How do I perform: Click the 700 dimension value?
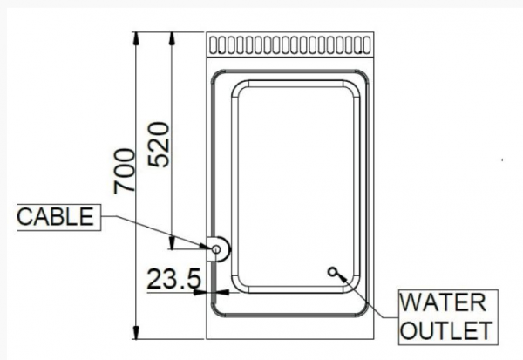(125, 171)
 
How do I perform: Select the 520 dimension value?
(160, 145)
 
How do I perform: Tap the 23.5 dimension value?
(174, 279)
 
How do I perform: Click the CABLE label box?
(58, 217)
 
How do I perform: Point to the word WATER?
(443, 302)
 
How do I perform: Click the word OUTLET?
(446, 330)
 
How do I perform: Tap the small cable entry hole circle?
(216, 249)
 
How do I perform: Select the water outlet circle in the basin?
(332, 272)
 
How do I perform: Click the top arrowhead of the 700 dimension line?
(135, 38)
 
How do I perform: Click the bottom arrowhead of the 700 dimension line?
(136, 333)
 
